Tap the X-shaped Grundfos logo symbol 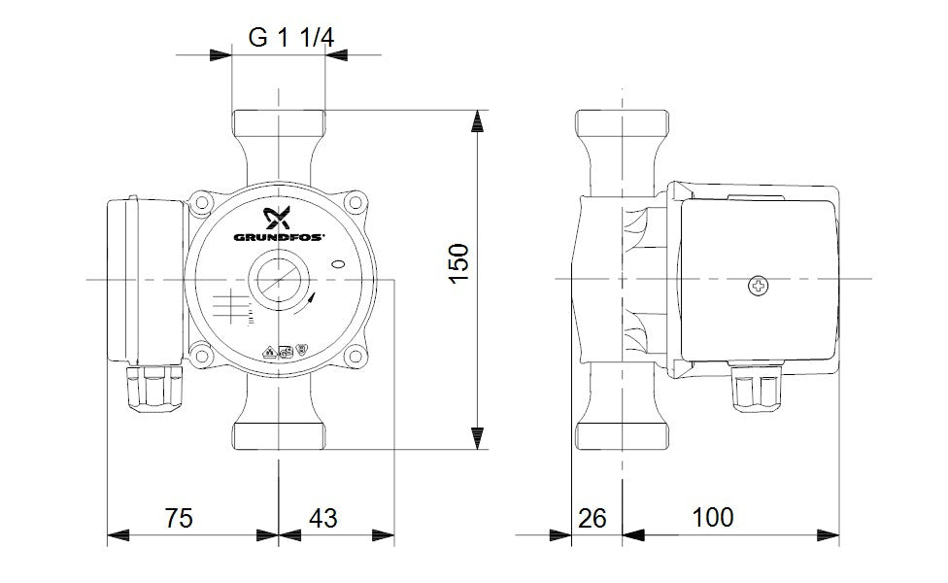tap(279, 217)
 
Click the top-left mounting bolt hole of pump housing tap(203, 205)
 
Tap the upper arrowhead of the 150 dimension tap(477, 121)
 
